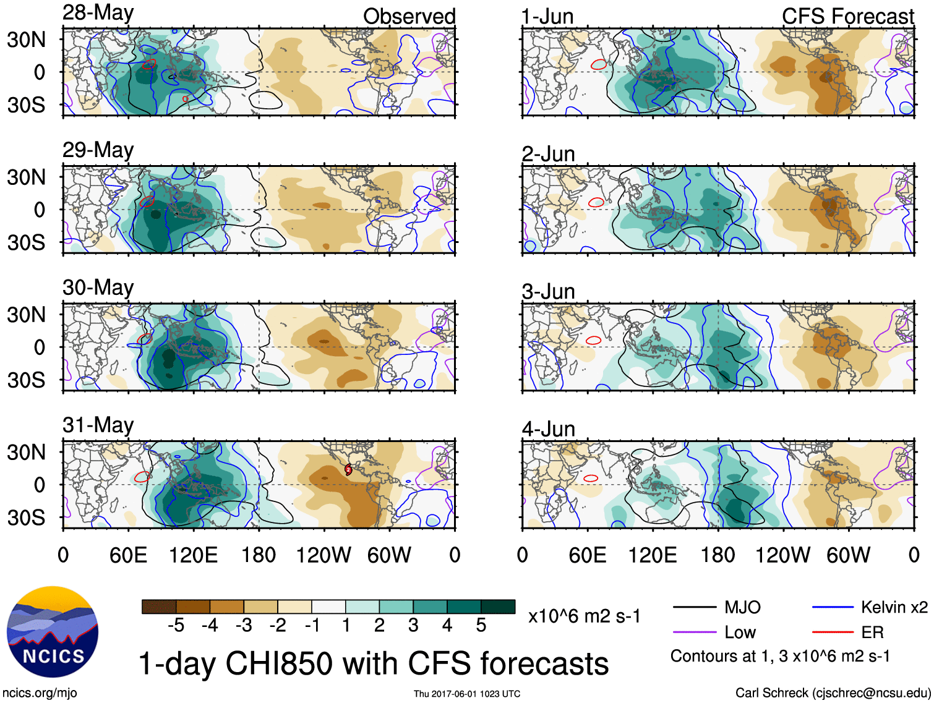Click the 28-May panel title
coord(98,13)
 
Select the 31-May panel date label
coord(98,425)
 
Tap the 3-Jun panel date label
coord(548,291)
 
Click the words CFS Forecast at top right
coord(847,17)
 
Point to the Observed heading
coord(409,17)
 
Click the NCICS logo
coord(53,632)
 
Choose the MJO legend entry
coord(742,607)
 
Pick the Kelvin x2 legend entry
coord(894,607)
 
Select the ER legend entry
coord(872,632)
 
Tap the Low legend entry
coord(740,632)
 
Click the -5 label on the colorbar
coord(176,626)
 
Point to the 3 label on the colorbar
coord(413,626)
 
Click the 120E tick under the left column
coord(194,555)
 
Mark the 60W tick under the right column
coord(848,555)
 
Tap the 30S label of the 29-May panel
coord(27,242)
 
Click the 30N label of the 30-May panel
coord(27,315)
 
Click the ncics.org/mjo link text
coord(40,693)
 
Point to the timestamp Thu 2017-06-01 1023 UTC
coord(467,694)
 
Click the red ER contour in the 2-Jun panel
coord(596,202)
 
